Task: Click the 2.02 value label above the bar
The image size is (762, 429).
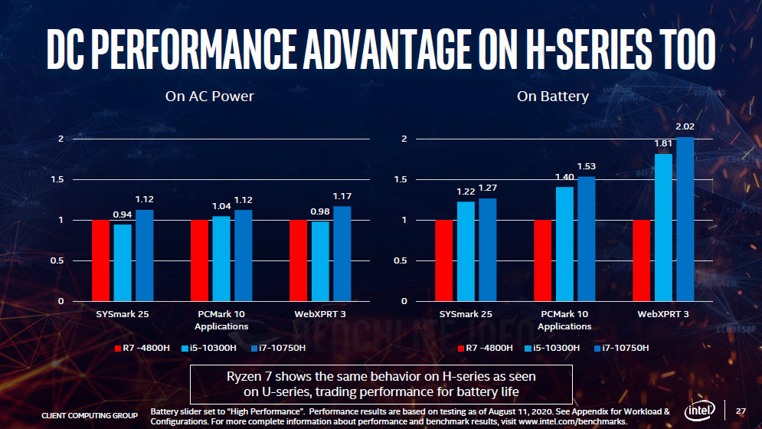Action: [684, 126]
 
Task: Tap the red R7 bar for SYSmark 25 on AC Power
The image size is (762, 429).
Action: [101, 260]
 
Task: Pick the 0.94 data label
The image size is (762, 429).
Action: [123, 215]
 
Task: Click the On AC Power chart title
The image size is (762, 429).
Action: [209, 97]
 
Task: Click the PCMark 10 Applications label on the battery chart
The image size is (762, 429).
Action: [564, 320]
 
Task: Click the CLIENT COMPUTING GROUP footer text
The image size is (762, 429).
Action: [90, 415]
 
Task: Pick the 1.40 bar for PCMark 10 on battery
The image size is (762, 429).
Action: [564, 244]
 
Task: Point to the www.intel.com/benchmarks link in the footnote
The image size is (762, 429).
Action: [573, 421]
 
